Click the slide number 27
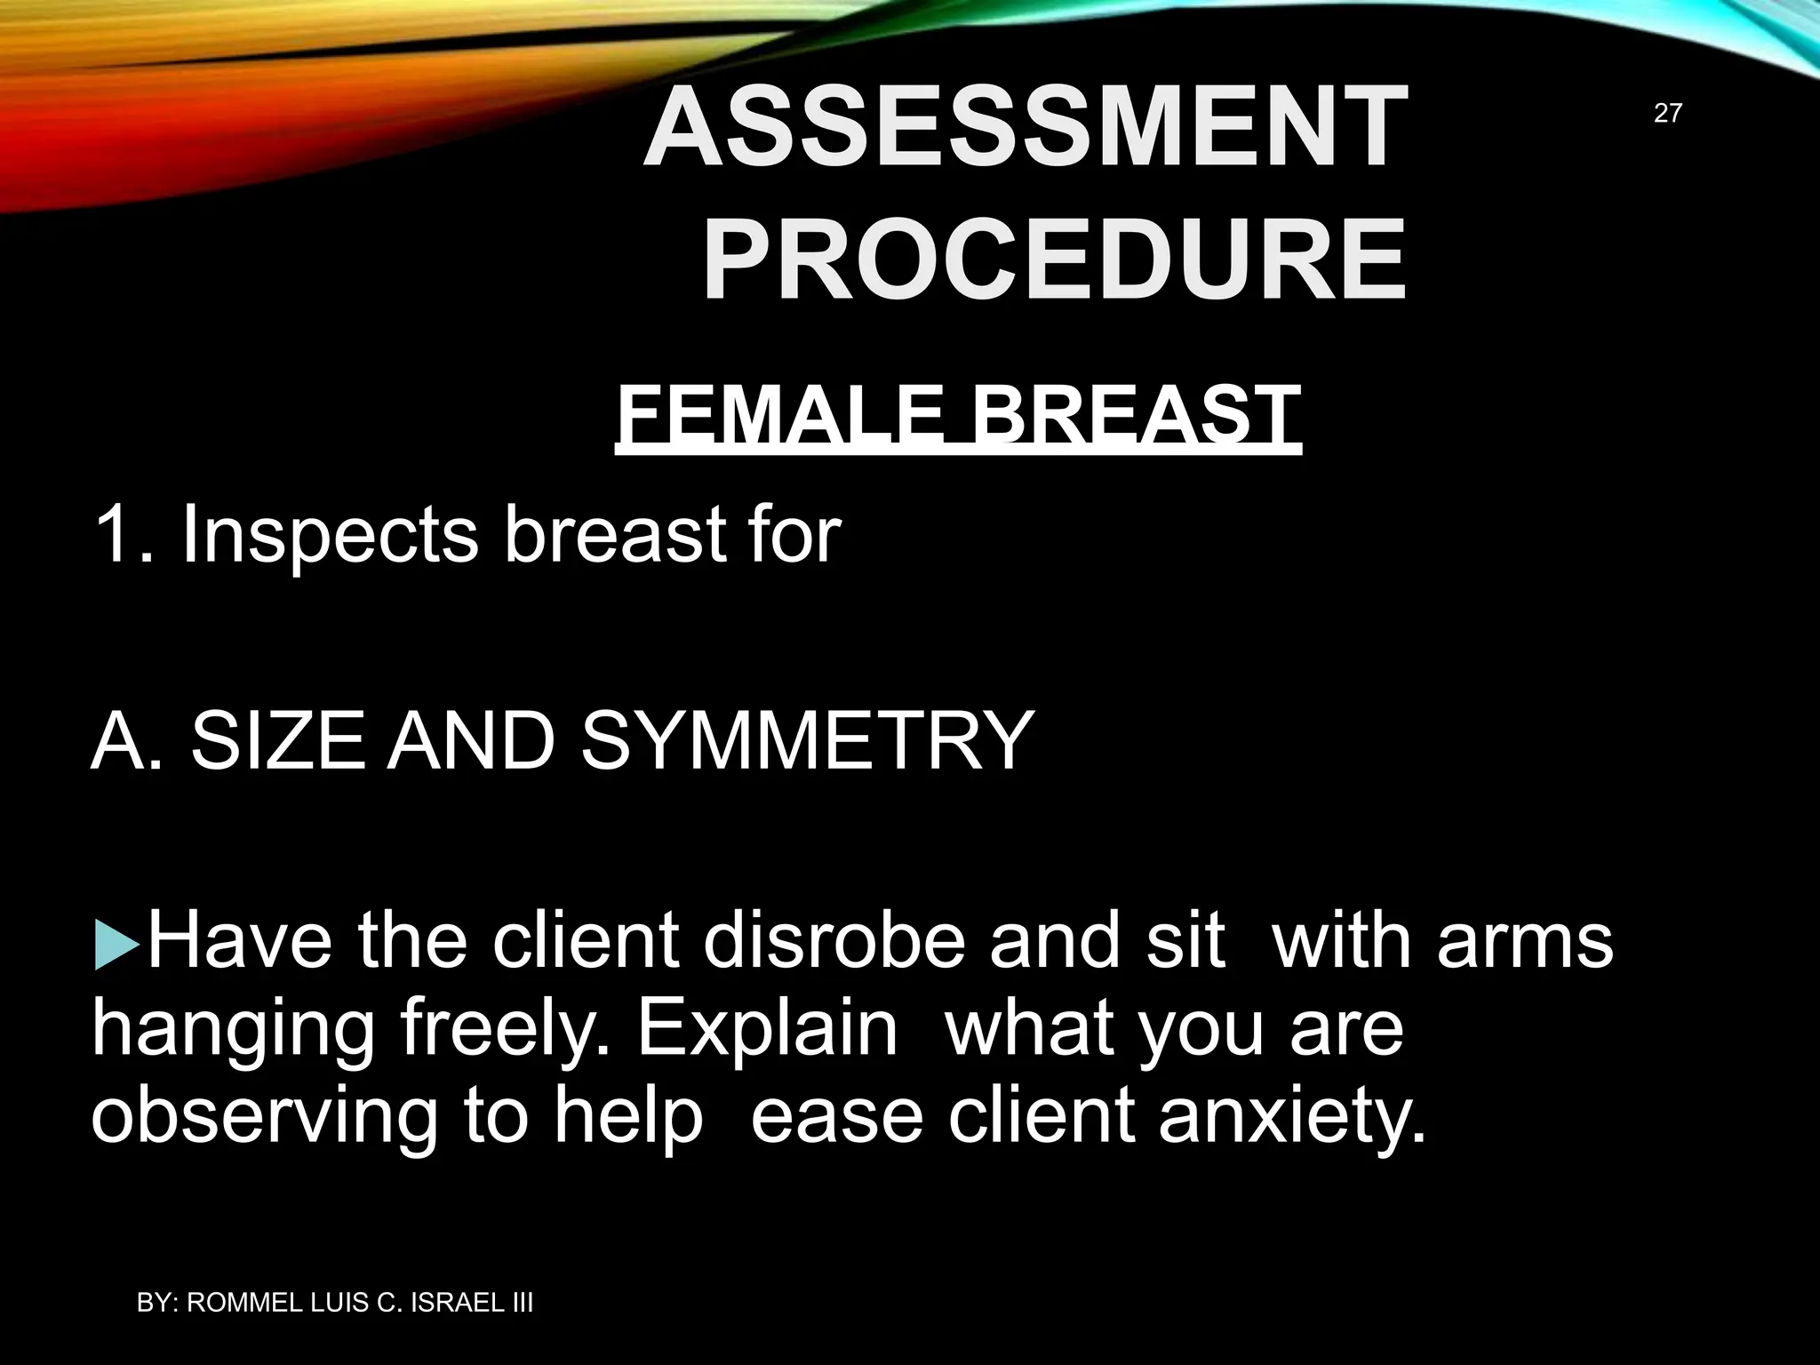1667,113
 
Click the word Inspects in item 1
328,536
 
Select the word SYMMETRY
808,740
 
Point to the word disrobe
834,942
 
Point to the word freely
502,1031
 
